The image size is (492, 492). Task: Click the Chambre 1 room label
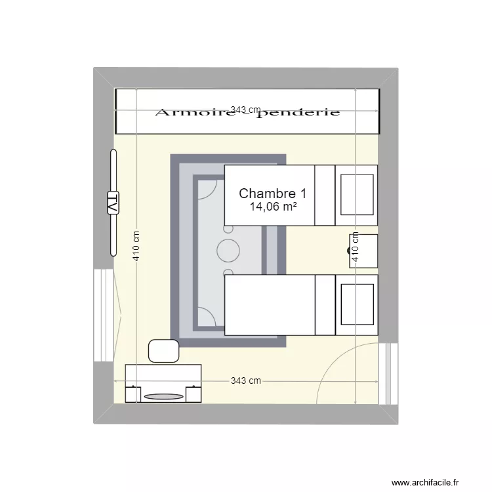pos(272,194)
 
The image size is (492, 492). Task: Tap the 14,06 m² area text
pos(272,207)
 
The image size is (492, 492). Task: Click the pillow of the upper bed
pos(356,195)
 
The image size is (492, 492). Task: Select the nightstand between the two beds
pos(363,251)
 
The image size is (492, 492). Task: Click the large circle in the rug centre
pos(229,250)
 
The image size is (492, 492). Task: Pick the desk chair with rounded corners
pos(164,351)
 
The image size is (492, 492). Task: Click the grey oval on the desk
pos(163,396)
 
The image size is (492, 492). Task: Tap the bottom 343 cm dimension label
pos(245,381)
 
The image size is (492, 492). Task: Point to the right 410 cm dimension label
pos(355,247)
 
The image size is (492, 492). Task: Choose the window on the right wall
pos(390,374)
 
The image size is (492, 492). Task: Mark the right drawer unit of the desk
pos(194,394)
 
